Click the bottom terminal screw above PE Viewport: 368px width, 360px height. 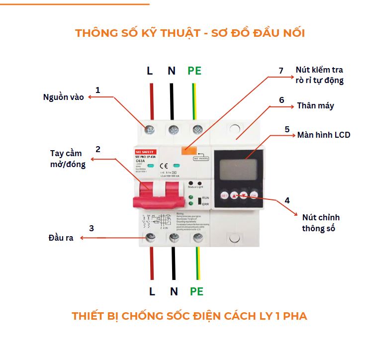197,237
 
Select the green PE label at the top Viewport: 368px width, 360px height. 194,71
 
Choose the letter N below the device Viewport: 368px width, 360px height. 173,291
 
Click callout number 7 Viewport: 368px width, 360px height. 280,71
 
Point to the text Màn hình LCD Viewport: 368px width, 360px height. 323,135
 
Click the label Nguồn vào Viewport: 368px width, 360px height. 63,97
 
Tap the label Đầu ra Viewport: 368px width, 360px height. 61,238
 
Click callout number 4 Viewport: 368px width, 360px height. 287,200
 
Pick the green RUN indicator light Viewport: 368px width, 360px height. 191,198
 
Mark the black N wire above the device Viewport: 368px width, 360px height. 172,102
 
